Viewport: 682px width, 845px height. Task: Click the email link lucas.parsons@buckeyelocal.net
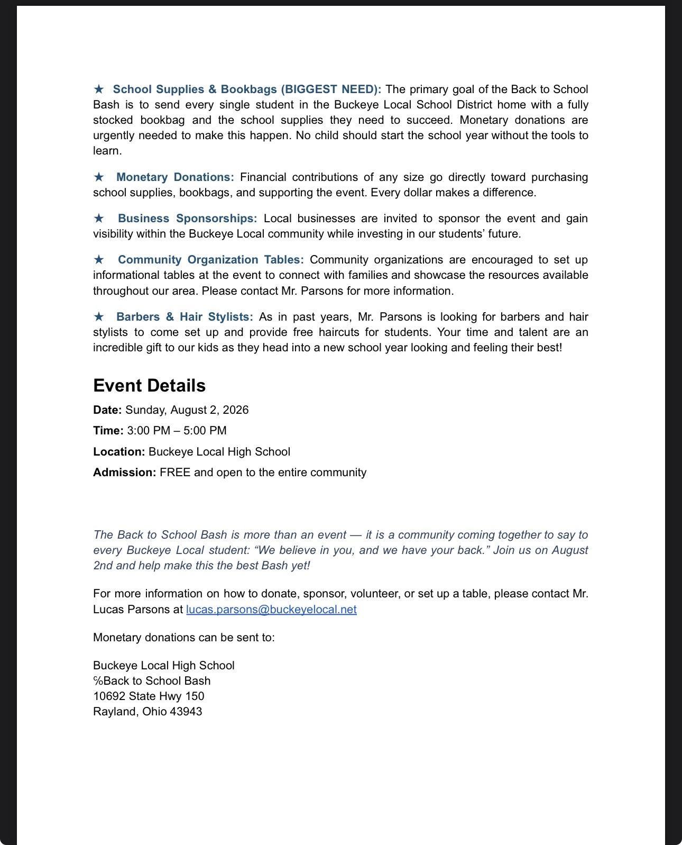271,609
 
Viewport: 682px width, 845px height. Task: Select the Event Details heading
149,385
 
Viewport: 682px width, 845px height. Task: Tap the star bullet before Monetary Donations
99,177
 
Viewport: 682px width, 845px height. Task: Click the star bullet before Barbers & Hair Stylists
99,316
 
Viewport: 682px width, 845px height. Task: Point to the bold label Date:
107,410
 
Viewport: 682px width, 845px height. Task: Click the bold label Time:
108,431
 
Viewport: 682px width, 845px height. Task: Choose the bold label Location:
119,452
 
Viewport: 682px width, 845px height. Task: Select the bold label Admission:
125,473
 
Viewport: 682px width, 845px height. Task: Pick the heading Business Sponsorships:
187,219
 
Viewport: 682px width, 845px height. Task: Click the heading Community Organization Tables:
210,260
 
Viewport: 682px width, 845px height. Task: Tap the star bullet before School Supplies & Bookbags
99,89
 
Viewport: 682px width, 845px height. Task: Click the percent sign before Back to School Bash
98,681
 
